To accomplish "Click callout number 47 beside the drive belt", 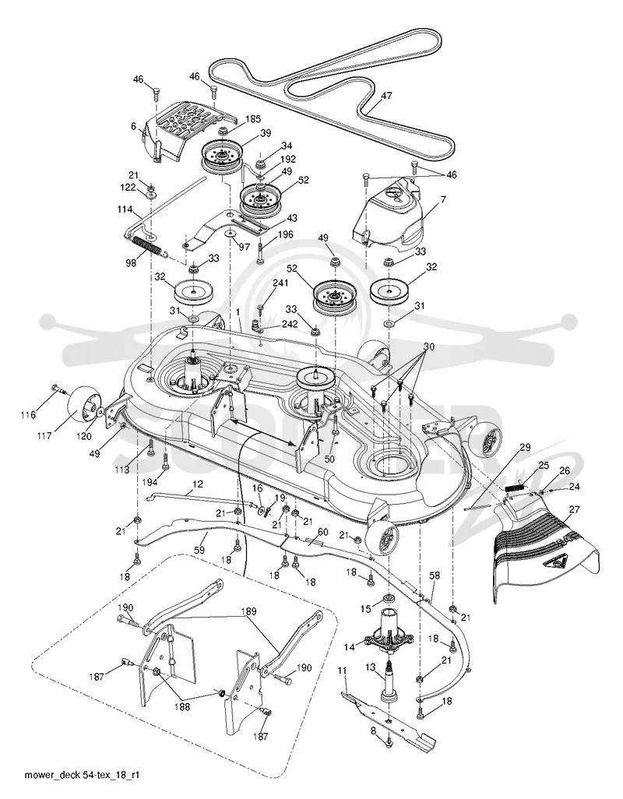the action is click(x=386, y=95).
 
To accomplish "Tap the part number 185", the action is click(x=252, y=119).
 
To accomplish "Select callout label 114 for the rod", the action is click(x=125, y=209).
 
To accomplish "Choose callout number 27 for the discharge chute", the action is click(x=575, y=509).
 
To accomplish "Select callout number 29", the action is click(x=524, y=448).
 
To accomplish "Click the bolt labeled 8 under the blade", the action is click(x=389, y=745).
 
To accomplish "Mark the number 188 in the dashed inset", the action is click(x=182, y=707).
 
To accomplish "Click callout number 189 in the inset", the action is click(x=250, y=611).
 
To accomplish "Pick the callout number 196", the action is click(x=286, y=234).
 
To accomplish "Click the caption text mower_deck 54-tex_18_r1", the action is click(x=82, y=775).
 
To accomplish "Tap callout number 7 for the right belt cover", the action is click(x=443, y=200).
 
